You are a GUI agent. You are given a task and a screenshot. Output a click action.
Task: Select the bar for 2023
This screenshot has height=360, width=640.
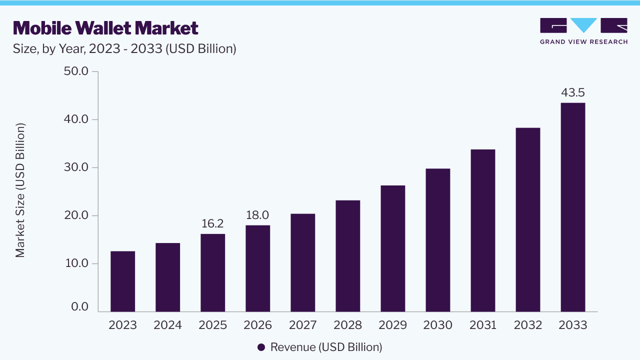pos(122,281)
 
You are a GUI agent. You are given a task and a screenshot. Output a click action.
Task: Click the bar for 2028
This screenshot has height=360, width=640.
pos(347,256)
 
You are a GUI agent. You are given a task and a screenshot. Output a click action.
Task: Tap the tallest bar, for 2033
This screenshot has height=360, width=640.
pos(573,207)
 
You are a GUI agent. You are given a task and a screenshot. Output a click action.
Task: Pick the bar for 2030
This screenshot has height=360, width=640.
pos(437,240)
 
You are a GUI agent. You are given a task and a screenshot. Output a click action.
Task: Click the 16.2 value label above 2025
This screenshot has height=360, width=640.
pos(212,223)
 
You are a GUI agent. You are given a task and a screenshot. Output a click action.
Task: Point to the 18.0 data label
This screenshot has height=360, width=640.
pos(257,215)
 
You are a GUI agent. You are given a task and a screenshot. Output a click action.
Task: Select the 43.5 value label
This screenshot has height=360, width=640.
pos(573,92)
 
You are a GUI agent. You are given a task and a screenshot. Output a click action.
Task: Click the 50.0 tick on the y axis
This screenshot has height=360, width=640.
pos(76,71)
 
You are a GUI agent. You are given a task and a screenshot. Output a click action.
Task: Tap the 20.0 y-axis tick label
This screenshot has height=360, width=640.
pos(76,215)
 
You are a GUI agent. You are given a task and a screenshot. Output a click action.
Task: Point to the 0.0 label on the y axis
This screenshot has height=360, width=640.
pos(79,307)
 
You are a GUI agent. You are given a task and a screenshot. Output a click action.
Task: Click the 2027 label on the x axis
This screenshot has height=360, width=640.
pos(303,325)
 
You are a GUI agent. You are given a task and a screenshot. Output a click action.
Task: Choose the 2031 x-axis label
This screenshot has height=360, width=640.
pos(483,325)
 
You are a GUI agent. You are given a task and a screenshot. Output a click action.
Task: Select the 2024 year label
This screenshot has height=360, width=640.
pos(167,325)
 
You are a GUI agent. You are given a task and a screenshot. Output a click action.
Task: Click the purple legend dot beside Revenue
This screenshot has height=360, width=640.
pos(261,347)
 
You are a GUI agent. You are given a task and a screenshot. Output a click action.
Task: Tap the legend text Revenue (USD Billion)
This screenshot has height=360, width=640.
pos(326,347)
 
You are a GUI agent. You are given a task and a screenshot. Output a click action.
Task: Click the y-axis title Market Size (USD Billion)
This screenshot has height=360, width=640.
pos(20,190)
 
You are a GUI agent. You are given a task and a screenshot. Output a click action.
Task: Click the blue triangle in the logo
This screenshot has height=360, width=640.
pos(583,25)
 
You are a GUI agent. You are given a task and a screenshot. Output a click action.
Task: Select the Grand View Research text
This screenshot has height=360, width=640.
pos(583,42)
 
